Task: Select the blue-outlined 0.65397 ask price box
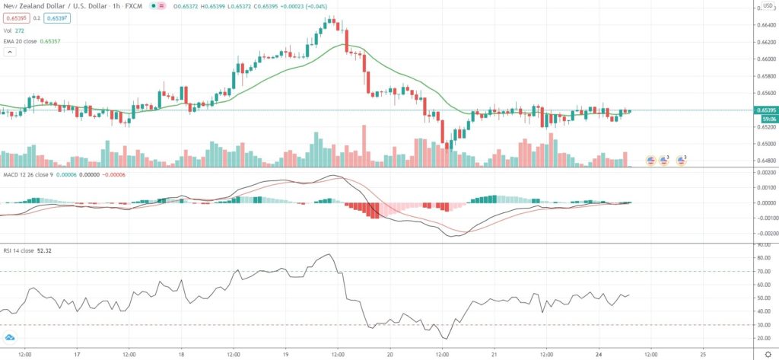(x=58, y=18)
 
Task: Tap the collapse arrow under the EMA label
(x=10, y=52)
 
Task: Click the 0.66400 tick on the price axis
(x=763, y=25)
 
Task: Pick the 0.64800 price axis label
(x=763, y=161)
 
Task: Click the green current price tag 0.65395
(x=765, y=111)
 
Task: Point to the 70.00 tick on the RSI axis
(x=762, y=272)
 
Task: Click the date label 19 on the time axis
(x=285, y=354)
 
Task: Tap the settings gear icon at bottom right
(x=767, y=354)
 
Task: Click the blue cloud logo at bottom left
(x=11, y=337)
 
